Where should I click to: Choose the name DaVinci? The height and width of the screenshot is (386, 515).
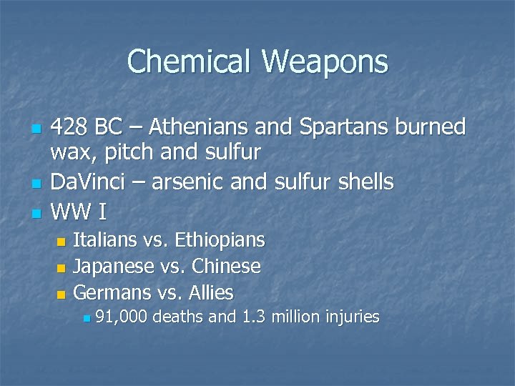tap(90, 182)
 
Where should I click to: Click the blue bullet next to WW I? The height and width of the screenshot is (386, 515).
tap(34, 214)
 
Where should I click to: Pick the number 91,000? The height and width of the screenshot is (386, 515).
tap(121, 317)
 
